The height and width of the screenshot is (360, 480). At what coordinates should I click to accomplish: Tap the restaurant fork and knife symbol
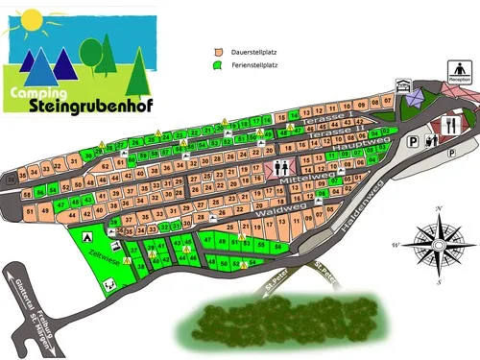click(x=451, y=124)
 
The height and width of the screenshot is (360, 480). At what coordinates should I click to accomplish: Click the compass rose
click(x=439, y=245)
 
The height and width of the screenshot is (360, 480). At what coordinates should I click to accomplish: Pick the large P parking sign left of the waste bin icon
click(x=413, y=141)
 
